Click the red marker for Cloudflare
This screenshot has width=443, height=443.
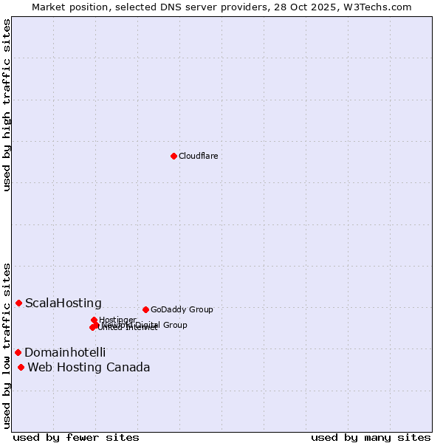coord(174,156)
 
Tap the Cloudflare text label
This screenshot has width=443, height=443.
coord(198,156)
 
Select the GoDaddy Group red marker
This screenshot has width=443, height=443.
coord(145,309)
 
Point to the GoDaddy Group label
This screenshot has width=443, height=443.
coord(182,309)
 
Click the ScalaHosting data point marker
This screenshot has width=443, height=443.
coord(18,303)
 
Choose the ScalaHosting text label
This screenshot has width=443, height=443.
coord(63,303)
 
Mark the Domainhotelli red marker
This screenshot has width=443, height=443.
coord(18,352)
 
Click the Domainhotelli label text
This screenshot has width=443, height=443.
coord(65,352)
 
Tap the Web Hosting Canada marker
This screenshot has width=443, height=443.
coord(21,367)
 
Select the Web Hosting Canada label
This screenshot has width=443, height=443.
coord(89,367)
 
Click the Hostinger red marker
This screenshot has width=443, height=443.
coord(95,320)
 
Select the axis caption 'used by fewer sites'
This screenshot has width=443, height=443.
coord(76,437)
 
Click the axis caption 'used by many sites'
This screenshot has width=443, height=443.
coord(371,437)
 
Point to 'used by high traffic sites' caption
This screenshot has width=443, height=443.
coord(7,105)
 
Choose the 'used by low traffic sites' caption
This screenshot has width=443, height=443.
coord(7,345)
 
